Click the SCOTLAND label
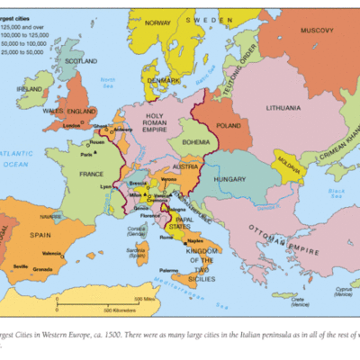(80, 60)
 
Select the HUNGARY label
(230, 180)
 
